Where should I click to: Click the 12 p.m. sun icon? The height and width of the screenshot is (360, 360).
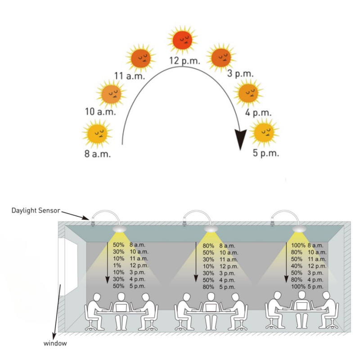(183, 40)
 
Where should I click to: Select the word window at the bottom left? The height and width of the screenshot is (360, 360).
(55, 343)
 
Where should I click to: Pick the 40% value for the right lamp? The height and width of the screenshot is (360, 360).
(297, 266)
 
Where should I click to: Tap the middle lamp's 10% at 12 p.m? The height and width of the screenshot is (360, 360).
(208, 266)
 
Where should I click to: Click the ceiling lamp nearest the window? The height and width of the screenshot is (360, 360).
(120, 229)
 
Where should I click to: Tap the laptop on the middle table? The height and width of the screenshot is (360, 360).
(210, 307)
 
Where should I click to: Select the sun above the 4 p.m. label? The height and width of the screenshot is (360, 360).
(247, 92)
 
